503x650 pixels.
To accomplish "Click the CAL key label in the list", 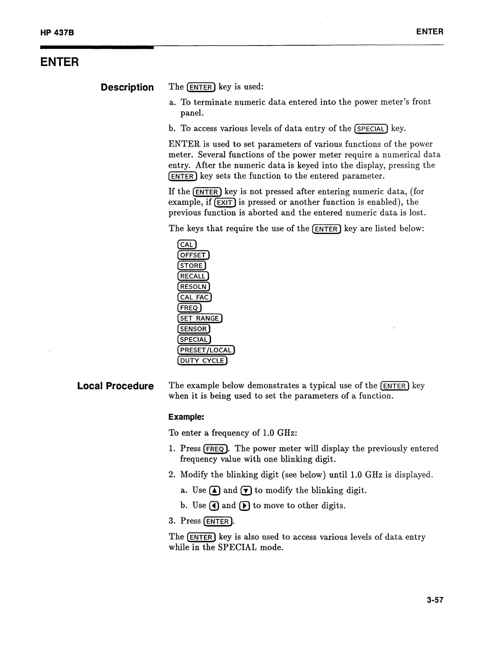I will [x=187, y=245].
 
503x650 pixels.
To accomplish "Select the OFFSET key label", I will [x=193, y=255].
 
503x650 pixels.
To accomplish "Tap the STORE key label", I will [x=191, y=266].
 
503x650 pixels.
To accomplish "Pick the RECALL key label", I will [x=193, y=276].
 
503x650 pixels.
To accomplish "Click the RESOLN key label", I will [x=193, y=287].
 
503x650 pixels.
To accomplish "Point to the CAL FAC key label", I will [x=194, y=297].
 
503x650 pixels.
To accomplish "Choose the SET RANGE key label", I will [x=200, y=318].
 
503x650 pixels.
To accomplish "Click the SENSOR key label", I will [x=193, y=329].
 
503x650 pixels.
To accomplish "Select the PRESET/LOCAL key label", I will [x=206, y=350].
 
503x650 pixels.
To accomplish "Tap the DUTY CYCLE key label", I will [x=202, y=361].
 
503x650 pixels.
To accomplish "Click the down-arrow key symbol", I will [x=246, y=490].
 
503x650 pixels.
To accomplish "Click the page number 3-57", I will [x=434, y=600].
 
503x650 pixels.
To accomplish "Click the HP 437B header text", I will [x=54, y=33].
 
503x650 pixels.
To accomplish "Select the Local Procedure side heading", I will [x=115, y=386].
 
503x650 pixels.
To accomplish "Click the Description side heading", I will [x=127, y=87].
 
